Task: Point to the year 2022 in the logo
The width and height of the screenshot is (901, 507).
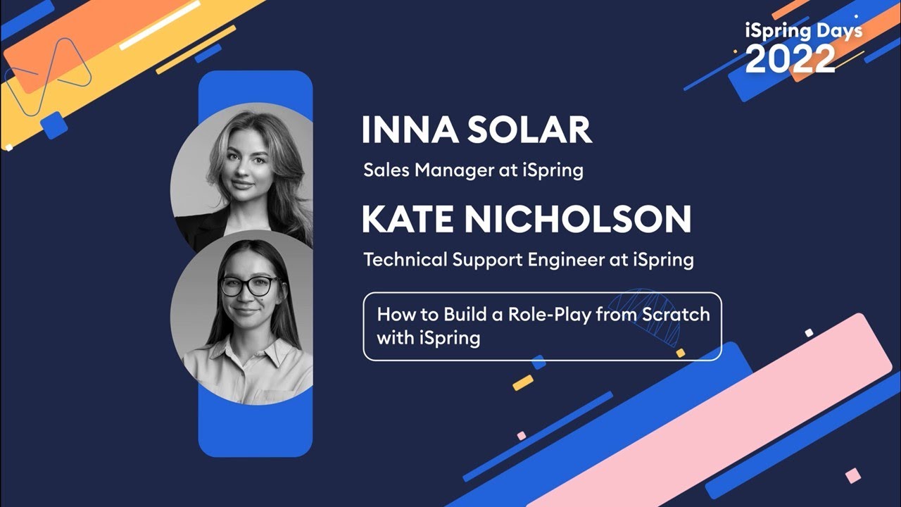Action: pyautogui.click(x=790, y=60)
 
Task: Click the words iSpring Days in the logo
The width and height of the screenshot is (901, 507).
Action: pyautogui.click(x=803, y=31)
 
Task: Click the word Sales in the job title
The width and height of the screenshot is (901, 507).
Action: pyautogui.click(x=384, y=170)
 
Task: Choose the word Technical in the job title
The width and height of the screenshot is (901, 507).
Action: pyautogui.click(x=405, y=260)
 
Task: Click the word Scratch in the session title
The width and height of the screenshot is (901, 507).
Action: pyautogui.click(x=675, y=314)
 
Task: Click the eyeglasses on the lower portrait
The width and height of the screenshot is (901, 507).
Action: pyautogui.click(x=249, y=286)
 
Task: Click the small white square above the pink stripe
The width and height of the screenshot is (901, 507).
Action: pyautogui.click(x=809, y=332)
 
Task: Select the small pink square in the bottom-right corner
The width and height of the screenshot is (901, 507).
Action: pyautogui.click(x=852, y=475)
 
